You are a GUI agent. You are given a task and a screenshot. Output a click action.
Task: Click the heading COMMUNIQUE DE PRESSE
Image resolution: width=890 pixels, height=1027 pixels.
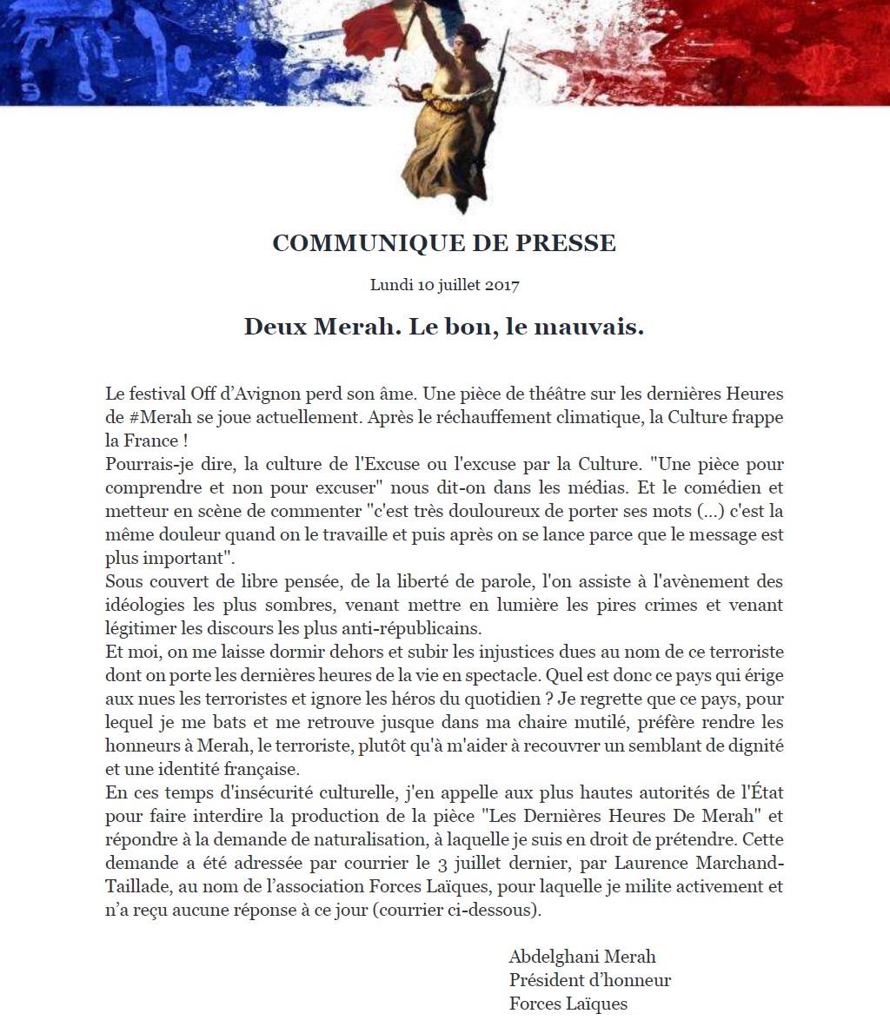coord(444,243)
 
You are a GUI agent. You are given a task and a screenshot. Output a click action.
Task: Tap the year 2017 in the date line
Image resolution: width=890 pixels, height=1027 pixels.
coord(501,284)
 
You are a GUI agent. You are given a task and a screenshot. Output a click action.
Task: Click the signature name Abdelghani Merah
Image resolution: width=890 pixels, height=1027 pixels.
coord(582,957)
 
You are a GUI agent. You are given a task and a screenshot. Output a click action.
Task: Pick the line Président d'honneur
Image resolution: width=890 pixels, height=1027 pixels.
coord(590,980)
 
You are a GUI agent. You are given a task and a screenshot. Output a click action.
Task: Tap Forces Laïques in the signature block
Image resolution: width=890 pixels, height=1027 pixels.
coord(568,1004)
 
